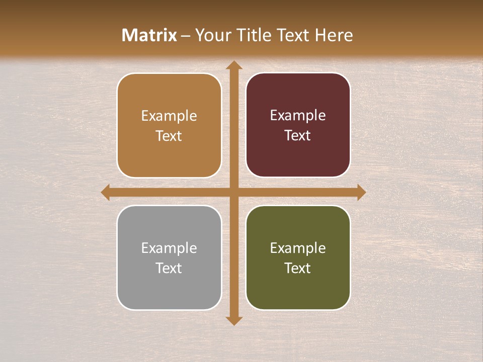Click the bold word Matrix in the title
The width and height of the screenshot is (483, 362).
pos(149,35)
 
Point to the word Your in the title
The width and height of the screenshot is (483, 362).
pos(209,35)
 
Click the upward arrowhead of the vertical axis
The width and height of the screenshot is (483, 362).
pos(233,65)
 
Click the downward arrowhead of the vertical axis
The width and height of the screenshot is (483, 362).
pos(233,320)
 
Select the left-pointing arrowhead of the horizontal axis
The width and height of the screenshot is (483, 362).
pos(106,192)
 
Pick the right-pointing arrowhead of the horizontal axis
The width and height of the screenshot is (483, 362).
pos(361,192)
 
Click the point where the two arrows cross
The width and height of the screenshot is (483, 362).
pos(233,192)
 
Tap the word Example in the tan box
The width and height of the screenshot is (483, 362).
pos(169,116)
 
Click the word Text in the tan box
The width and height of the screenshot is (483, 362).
pos(169,136)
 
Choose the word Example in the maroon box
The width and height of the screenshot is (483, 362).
pos(298,115)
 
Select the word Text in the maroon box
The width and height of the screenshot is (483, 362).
pos(298,135)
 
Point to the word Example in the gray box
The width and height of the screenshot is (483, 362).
pos(169,248)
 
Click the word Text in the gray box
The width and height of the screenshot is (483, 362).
pos(169,268)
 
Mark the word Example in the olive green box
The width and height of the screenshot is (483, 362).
pos(298,248)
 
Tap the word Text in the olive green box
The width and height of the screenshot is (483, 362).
pos(298,268)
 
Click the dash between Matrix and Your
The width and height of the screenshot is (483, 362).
pos(186,36)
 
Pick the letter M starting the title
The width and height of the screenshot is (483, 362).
pos(129,35)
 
